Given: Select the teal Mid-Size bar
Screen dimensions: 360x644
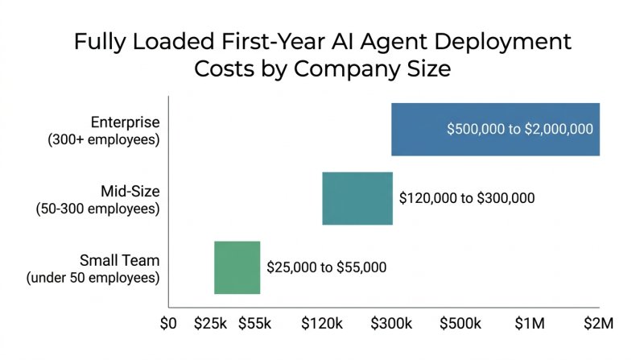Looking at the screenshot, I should [x=357, y=198].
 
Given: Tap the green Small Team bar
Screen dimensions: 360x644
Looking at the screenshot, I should [x=237, y=267].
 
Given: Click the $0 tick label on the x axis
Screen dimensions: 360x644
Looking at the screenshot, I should [x=167, y=324].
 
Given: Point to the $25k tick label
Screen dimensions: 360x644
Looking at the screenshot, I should [x=211, y=324].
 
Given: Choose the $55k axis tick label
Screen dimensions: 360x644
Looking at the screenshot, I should [x=254, y=324].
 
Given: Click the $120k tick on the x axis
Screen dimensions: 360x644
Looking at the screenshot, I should [x=322, y=324].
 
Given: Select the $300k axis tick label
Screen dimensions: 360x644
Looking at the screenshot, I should [x=392, y=324].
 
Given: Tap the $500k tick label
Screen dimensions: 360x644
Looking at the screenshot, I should [x=460, y=324].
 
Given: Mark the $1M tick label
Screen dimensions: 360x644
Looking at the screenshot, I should [x=529, y=324].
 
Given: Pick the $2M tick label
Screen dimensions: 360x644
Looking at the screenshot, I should [x=598, y=324].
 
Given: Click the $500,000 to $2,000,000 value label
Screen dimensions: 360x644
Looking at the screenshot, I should [x=520, y=130].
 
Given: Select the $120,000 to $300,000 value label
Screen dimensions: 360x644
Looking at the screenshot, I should [x=467, y=198].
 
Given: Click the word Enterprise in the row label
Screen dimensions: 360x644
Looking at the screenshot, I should [x=126, y=122].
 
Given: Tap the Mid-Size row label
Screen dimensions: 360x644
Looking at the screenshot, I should [x=130, y=192].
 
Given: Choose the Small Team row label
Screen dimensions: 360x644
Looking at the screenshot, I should [x=119, y=260].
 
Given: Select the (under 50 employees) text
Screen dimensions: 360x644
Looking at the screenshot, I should [x=93, y=278].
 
